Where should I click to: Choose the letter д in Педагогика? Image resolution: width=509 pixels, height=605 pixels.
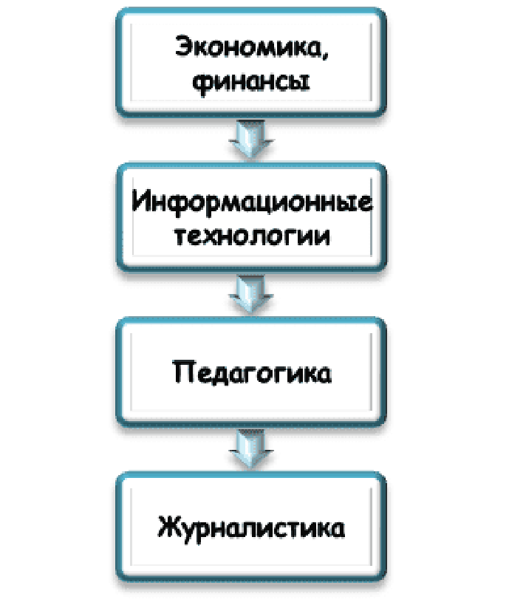click(223, 372)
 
